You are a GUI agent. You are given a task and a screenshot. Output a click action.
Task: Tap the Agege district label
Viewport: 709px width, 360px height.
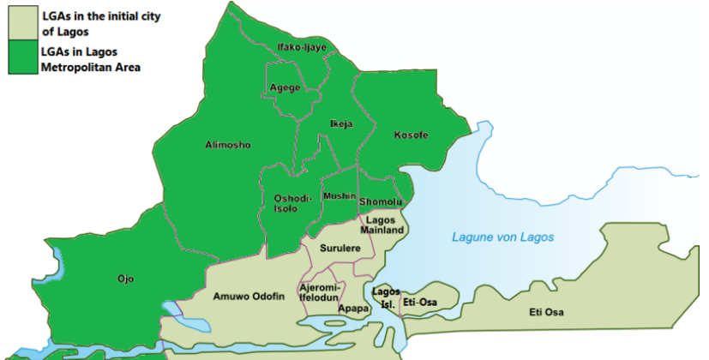285,88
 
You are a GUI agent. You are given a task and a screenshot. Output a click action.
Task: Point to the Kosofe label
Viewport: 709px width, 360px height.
410,135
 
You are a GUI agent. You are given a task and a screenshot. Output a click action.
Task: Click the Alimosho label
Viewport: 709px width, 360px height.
228,145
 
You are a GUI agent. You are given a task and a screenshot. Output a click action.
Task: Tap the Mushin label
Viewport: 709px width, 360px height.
339,196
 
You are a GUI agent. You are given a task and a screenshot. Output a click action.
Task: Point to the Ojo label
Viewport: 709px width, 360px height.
126,279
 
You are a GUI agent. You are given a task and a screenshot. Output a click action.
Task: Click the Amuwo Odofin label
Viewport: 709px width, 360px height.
249,295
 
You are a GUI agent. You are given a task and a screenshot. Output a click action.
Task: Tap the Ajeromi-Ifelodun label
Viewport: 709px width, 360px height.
321,291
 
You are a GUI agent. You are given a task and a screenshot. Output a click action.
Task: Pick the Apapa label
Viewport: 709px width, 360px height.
353,308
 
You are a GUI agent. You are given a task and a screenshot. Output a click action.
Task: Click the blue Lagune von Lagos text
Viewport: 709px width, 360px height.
503,237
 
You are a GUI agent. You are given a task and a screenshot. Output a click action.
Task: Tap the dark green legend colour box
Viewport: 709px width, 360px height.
21,59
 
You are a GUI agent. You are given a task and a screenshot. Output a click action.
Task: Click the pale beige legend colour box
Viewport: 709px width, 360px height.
21,23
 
